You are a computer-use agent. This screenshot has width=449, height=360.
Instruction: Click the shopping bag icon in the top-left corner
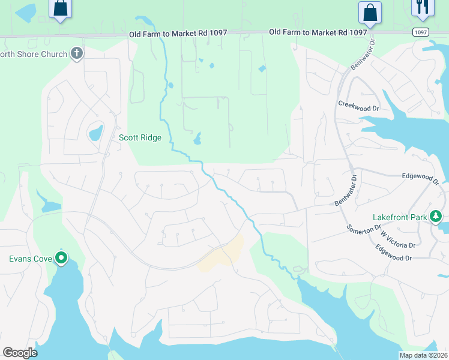click(60, 8)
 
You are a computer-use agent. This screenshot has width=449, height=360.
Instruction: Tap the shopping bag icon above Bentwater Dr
click(370, 12)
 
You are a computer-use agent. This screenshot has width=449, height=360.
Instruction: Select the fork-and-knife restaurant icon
click(422, 6)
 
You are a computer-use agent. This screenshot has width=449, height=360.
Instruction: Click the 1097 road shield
click(421, 32)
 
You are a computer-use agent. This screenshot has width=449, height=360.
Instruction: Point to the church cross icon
click(76, 54)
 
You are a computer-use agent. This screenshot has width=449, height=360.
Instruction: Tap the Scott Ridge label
click(140, 137)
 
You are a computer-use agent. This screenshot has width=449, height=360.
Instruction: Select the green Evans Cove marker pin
click(61, 258)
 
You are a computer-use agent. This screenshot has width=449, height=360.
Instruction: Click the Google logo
click(20, 352)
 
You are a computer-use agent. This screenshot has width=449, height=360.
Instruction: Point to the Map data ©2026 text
click(423, 355)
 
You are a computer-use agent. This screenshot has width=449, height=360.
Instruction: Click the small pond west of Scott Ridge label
click(95, 132)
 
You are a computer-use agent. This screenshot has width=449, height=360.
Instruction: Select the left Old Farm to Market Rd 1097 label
click(178, 34)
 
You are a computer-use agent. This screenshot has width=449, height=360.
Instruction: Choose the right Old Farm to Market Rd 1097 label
click(318, 32)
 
